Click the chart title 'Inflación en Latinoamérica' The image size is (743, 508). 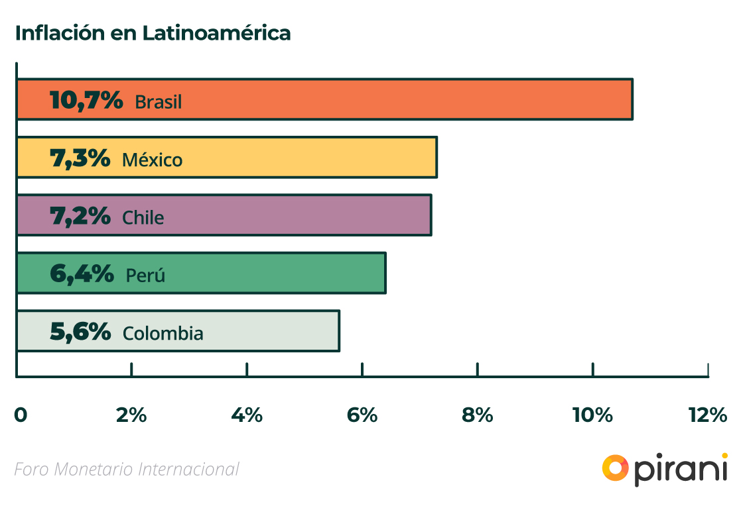153,33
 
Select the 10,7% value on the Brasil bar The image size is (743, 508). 86,101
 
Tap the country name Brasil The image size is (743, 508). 158,102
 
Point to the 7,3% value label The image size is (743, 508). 80,158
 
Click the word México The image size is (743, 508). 152,160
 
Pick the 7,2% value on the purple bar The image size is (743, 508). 80,216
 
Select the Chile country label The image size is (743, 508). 143,217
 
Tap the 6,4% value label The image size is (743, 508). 82,274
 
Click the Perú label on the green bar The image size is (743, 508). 145,275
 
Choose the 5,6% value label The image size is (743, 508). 80,331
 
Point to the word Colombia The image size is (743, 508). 163,332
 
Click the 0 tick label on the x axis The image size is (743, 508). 21,415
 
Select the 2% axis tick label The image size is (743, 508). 131,415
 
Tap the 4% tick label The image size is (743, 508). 247,415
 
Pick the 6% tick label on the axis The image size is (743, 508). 362,415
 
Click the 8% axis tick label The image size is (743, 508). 478,415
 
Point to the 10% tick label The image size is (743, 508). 592,415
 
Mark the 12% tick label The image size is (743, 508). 708,415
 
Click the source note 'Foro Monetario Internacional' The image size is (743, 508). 126,469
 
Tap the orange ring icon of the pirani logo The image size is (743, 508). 615,468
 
